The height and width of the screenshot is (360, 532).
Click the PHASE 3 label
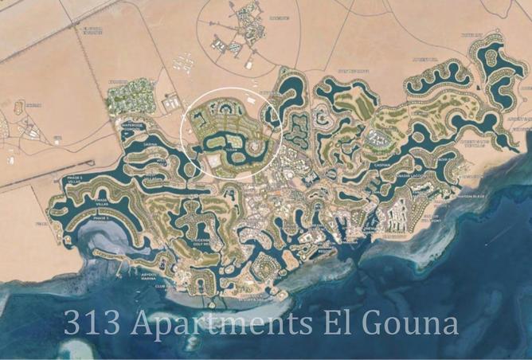coord(101,217)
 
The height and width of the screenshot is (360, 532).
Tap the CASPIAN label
coord(382,166)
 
